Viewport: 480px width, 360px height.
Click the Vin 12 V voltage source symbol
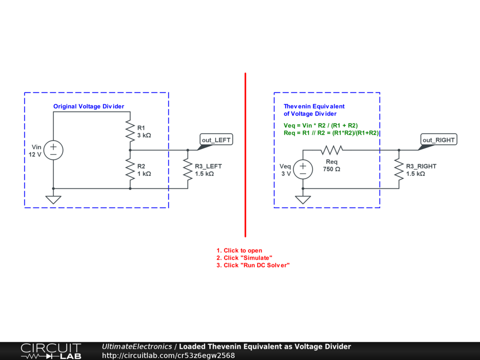(x=53, y=150)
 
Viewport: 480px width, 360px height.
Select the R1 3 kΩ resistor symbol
(x=130, y=131)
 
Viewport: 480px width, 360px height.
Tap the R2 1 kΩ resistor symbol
(x=130, y=169)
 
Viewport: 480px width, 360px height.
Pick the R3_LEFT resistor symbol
(x=187, y=169)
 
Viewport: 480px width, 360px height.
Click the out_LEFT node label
(x=216, y=140)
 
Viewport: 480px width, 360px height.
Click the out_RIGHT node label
(x=438, y=140)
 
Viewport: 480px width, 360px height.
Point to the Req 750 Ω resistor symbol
(x=332, y=150)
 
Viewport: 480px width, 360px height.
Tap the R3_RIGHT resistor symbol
(x=398, y=169)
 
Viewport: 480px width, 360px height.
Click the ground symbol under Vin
(x=53, y=199)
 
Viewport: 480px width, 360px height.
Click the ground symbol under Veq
(x=303, y=199)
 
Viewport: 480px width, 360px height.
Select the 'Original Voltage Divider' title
(x=89, y=106)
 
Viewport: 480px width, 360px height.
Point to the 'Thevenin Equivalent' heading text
(x=314, y=106)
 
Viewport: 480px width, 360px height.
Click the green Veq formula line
(x=321, y=125)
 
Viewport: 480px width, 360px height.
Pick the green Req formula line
(x=331, y=133)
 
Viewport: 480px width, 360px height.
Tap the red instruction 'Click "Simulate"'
(x=244, y=258)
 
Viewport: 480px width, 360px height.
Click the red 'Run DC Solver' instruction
(x=253, y=265)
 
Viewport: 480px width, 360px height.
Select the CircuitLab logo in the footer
(x=51, y=351)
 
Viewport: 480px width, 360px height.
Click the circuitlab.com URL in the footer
(x=168, y=355)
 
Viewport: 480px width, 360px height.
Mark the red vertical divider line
(x=245, y=155)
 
